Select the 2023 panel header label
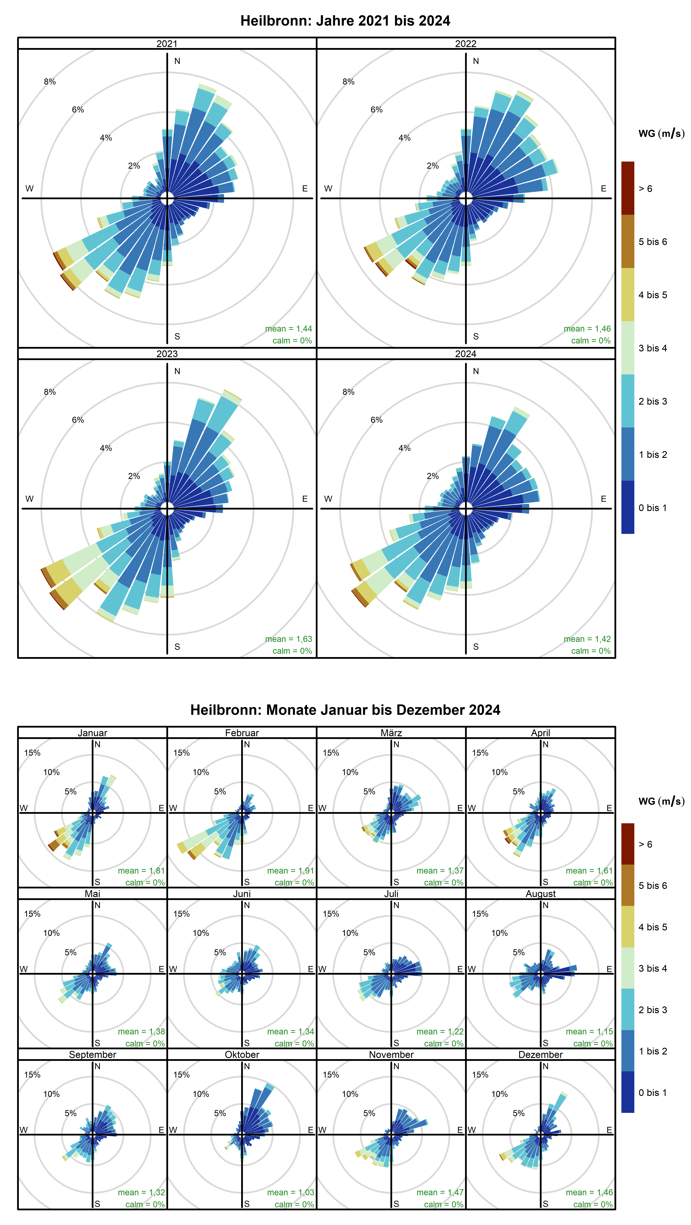[x=167, y=354]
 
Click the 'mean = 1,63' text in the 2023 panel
[x=288, y=639]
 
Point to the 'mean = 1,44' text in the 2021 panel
[x=288, y=329]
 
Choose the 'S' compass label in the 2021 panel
[x=177, y=336]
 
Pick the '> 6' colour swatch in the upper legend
[x=627, y=188]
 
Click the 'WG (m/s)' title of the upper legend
[x=661, y=134]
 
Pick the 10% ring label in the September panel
[x=51, y=1094]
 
